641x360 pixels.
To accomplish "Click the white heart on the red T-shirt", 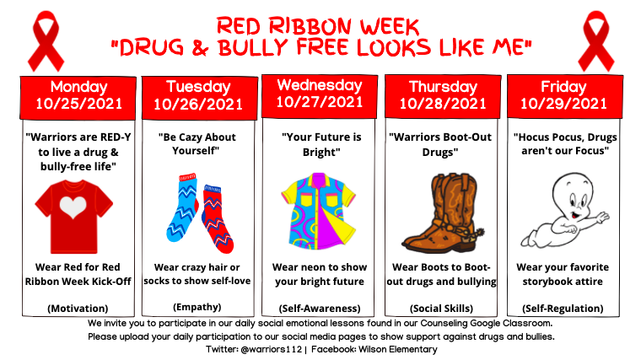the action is click(73, 207).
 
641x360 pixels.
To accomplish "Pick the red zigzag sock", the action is click(218, 218).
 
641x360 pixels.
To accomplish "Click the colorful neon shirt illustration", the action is click(319, 212).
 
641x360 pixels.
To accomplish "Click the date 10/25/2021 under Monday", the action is click(79, 104).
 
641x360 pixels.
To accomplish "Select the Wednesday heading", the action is click(320, 85).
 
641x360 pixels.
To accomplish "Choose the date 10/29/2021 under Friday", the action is click(563, 104).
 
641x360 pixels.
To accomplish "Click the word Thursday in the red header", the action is click(443, 87).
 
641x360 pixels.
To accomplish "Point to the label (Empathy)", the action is click(197, 307).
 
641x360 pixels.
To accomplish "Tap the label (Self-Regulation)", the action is click(563, 308).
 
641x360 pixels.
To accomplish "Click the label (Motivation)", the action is click(78, 308).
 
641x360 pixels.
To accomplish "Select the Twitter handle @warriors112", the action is click(272, 349).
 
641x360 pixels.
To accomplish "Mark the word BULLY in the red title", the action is click(253, 47).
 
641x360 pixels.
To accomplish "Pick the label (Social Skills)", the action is click(441, 308).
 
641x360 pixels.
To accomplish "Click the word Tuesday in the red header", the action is click(198, 87).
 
